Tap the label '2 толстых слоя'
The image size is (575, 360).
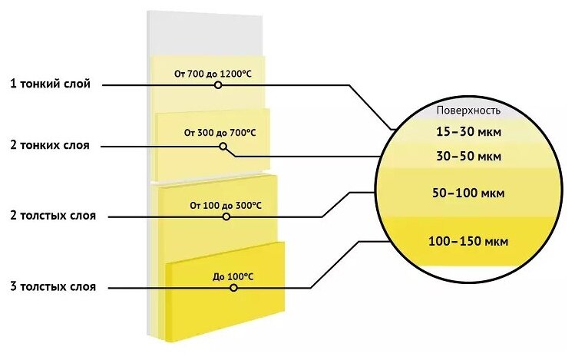[x=54, y=216]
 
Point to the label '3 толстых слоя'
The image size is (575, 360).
[x=54, y=287]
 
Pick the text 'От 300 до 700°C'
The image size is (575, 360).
[x=220, y=133]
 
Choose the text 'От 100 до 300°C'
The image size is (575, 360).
[x=226, y=206]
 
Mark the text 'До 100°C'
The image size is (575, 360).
[x=233, y=276]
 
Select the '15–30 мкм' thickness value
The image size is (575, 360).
[x=469, y=132]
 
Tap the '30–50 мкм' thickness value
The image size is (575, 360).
[x=469, y=157]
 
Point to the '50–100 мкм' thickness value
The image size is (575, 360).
[x=468, y=194]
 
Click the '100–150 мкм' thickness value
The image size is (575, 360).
[x=469, y=242]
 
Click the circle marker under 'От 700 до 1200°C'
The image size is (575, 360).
[x=218, y=85]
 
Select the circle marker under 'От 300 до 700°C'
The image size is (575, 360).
[x=223, y=145]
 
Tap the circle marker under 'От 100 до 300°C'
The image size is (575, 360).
[x=226, y=216]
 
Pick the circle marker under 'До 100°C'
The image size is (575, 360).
[x=233, y=287]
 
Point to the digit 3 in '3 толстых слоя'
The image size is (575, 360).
[x=14, y=287]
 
